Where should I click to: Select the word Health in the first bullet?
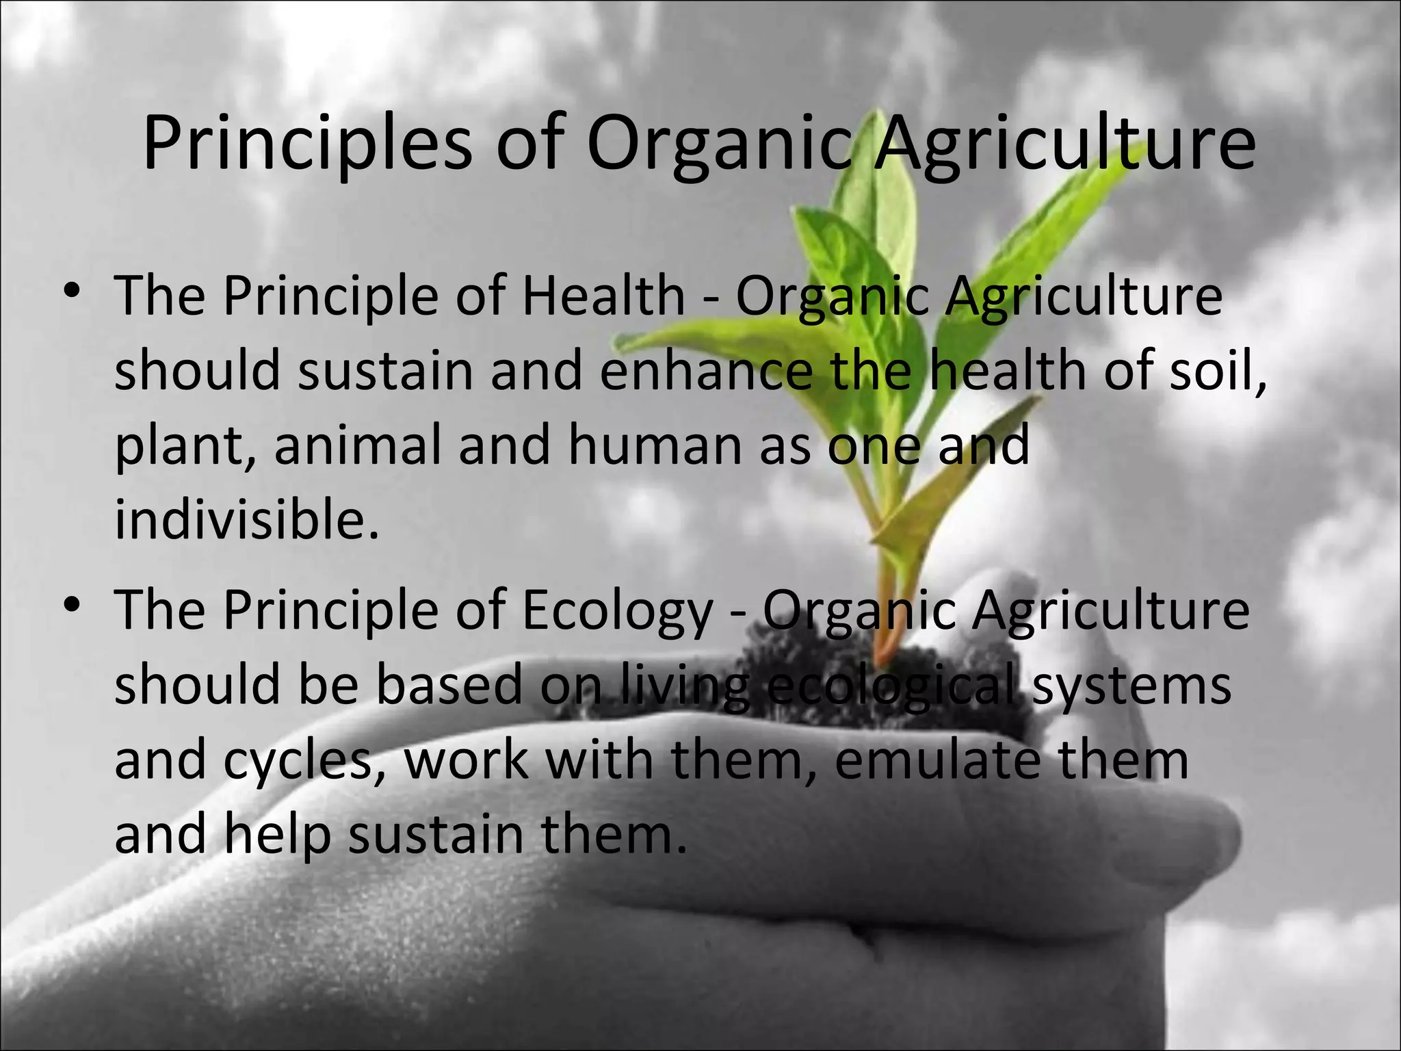pos(603,296)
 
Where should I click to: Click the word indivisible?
pos(246,519)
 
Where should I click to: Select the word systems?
pos(1131,686)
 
